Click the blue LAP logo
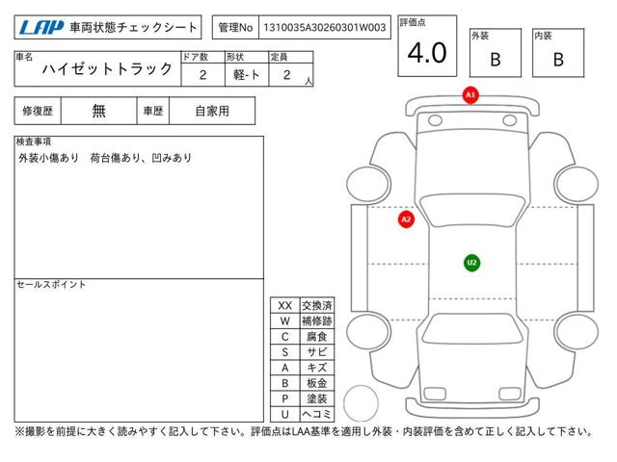tap(41, 28)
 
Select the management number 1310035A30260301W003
tap(325, 28)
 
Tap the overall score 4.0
tap(427, 53)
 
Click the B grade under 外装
tap(496, 60)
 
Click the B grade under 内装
tap(558, 60)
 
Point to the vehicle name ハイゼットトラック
tap(107, 69)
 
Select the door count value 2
tap(203, 75)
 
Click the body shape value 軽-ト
tap(247, 75)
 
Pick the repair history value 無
tap(98, 111)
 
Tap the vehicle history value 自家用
tap(212, 112)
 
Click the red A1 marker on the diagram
tap(470, 95)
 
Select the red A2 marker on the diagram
tap(406, 219)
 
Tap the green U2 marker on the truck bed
tap(471, 263)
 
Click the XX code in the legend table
tap(285, 306)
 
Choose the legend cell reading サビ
tap(317, 352)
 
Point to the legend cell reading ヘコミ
tap(317, 414)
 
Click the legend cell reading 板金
tap(317, 383)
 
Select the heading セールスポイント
tap(51, 285)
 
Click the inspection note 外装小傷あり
tap(48, 158)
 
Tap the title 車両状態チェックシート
tap(133, 28)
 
